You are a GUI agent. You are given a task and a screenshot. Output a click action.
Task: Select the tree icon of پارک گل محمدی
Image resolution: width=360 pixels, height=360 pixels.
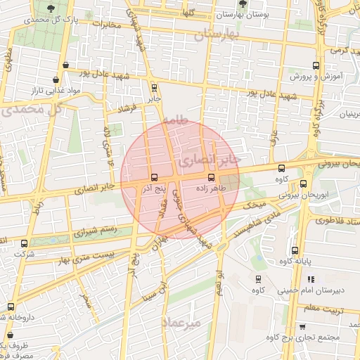51,8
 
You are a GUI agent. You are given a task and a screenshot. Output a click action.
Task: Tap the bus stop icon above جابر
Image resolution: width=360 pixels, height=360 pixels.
154,88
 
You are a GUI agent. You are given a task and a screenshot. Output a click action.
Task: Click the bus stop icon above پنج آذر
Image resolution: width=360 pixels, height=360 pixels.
154,176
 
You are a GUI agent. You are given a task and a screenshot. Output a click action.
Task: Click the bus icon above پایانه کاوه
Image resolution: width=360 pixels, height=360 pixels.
295,251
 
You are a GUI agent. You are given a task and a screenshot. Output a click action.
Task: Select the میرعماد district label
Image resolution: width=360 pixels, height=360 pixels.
181,321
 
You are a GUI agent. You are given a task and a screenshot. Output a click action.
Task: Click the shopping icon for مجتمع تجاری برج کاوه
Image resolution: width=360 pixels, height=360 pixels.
302,327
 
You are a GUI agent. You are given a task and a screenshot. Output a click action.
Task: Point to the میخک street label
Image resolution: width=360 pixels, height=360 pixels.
252,205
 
